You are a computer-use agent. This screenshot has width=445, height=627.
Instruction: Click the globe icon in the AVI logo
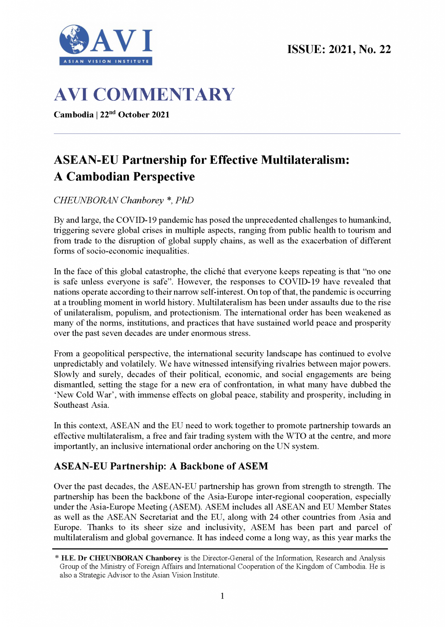74,40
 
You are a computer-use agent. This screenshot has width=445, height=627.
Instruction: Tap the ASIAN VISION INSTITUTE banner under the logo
106,62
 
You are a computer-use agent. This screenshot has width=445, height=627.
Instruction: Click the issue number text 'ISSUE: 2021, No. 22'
339,49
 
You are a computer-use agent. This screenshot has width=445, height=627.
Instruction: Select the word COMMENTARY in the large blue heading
164,95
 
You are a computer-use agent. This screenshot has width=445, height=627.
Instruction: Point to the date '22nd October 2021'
135,115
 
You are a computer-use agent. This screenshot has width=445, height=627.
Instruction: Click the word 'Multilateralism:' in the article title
305,160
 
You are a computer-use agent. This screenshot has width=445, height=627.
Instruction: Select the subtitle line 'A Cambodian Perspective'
124,177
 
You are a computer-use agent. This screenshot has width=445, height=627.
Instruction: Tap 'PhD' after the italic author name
185,200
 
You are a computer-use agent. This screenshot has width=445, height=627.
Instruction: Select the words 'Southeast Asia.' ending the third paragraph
82,405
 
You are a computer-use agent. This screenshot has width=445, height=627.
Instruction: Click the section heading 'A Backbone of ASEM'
219,466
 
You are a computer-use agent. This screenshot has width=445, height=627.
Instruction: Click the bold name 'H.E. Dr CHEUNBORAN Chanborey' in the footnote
121,558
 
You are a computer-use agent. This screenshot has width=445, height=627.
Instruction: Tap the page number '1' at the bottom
222,596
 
